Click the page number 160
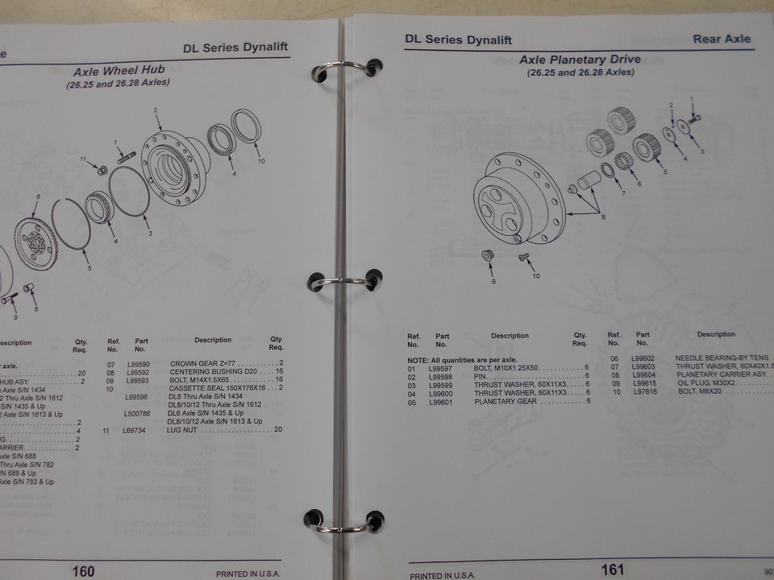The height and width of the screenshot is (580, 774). [x=83, y=571]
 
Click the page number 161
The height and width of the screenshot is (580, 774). [x=612, y=570]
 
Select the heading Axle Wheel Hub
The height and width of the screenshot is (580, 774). [x=119, y=71]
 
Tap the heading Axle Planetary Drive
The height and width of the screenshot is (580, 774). [x=580, y=60]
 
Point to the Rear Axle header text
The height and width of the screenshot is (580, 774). [x=721, y=39]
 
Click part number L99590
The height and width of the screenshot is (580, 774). [x=140, y=364]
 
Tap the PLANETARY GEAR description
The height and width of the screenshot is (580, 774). [x=506, y=401]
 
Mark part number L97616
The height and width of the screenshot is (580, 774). [x=644, y=391]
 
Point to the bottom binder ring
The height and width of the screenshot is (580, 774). [x=343, y=521]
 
